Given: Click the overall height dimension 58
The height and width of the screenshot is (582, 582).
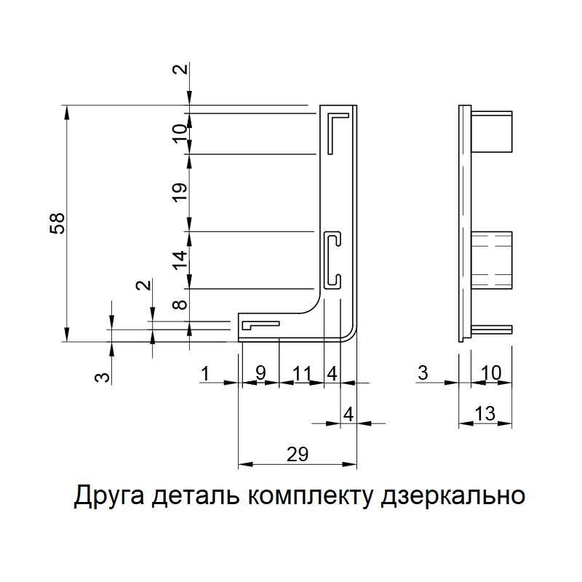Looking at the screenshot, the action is pos(58,223).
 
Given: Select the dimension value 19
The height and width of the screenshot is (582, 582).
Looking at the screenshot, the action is pos(180,192).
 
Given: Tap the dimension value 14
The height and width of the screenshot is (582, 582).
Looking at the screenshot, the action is pos(180,260).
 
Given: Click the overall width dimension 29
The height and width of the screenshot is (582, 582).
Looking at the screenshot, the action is pos(298,454).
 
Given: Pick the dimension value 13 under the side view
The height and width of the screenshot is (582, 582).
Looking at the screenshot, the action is pos(485,413).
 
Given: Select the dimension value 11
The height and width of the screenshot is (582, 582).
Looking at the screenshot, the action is pos(301,373).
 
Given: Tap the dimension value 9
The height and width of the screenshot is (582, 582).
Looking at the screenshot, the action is pos(261,373).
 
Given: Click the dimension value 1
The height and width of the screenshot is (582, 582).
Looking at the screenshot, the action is pos(205,373).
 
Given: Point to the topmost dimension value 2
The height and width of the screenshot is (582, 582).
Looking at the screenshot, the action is pos(181,69).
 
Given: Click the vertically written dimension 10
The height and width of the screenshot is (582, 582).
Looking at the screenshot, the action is pos(180,134).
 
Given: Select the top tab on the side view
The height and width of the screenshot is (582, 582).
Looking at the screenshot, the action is pos(492,132).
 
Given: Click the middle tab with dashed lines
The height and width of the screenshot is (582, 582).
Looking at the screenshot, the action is pos(492,260).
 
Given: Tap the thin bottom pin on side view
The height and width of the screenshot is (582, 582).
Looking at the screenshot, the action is pos(492,330).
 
